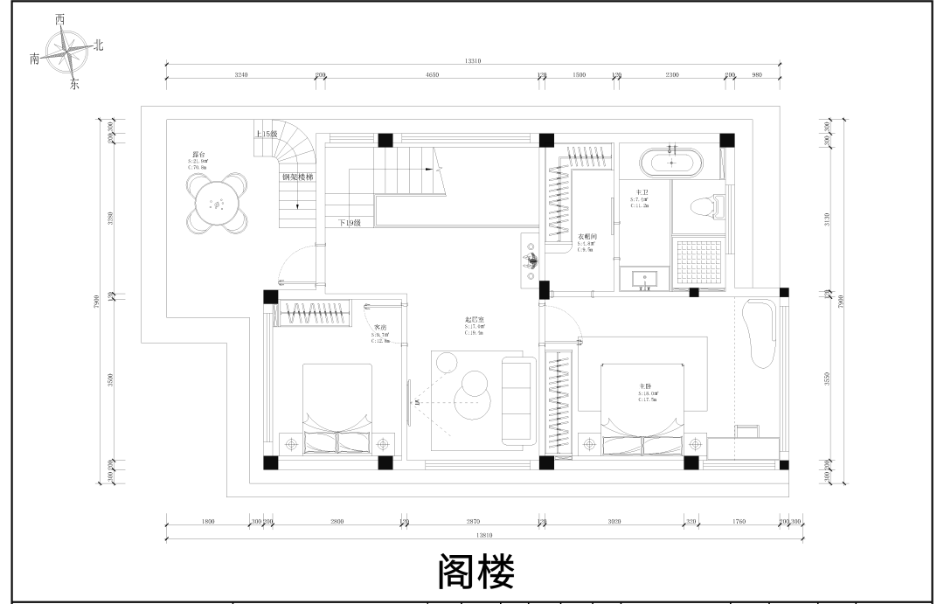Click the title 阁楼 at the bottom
[475, 573]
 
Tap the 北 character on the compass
[99, 45]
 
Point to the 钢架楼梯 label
[297, 177]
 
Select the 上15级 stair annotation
[266, 135]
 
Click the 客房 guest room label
[380, 328]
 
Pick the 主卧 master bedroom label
[646, 385]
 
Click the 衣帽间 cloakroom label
[587, 237]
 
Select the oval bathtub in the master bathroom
[671, 163]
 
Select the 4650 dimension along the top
[432, 75]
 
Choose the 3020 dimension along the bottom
[614, 521]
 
